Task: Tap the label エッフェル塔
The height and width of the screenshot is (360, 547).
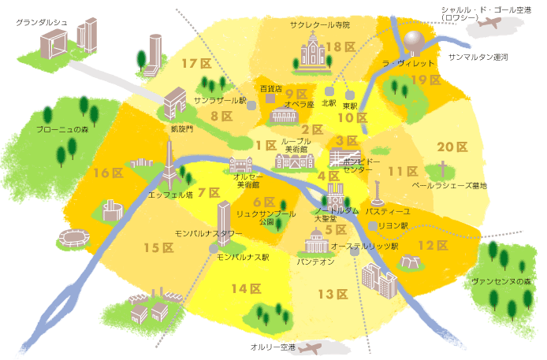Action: point(170,194)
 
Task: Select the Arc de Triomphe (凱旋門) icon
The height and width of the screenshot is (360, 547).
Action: point(174,102)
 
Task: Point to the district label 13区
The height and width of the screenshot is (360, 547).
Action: point(333,295)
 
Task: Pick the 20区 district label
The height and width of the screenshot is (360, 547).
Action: point(452,147)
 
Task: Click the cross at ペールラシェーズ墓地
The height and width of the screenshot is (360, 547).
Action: point(444,169)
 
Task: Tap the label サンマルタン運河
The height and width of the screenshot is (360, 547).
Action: point(478,58)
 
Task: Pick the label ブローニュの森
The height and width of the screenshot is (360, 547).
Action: point(63,129)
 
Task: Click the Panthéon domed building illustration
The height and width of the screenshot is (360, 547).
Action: point(316,241)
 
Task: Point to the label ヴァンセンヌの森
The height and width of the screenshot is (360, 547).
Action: point(500,281)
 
